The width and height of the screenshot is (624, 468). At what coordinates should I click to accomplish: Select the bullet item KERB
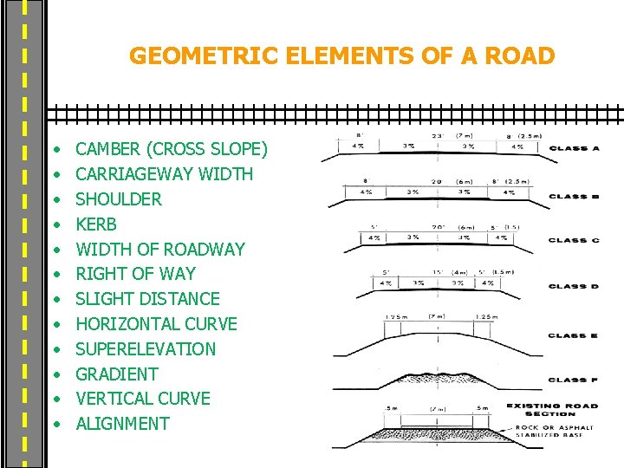96,224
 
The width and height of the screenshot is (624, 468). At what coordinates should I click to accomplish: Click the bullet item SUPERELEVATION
146,348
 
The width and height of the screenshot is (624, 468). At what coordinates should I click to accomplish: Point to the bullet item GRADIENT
117,374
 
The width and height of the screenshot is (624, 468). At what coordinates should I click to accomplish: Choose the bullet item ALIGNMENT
122,423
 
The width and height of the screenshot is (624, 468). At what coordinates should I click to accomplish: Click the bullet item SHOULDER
119,198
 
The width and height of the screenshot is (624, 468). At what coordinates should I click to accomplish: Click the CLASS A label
574,148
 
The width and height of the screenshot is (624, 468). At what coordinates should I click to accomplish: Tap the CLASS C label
574,240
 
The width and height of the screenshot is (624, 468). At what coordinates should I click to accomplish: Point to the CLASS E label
574,335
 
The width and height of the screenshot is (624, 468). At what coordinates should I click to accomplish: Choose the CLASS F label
574,380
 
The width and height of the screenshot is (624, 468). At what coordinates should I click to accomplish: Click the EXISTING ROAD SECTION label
553,409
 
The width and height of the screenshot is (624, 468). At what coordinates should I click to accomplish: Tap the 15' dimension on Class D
439,270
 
